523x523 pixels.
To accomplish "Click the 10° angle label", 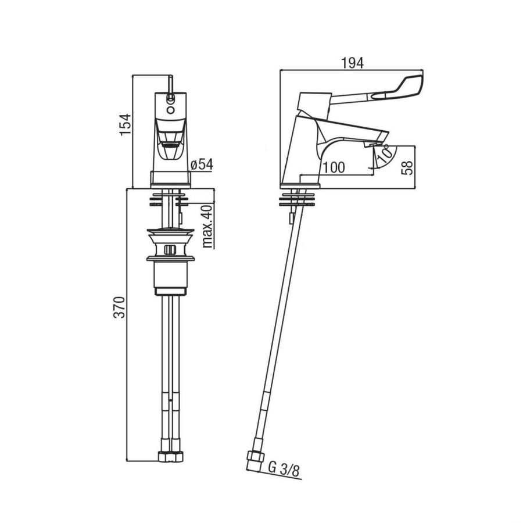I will pyautogui.click(x=383, y=155).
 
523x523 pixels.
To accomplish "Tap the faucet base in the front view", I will pyautogui.click(x=171, y=179).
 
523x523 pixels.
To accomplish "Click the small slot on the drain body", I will pyautogui.click(x=170, y=250).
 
